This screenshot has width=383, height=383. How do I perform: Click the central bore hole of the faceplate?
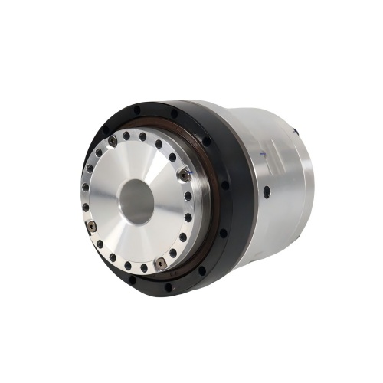pyautogui.click(x=136, y=201)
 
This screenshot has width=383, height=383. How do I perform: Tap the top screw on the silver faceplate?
pyautogui.click(x=113, y=139)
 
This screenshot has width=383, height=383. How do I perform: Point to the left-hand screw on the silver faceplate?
pyautogui.click(x=90, y=227)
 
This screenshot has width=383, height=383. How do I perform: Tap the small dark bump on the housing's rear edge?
pyautogui.click(x=295, y=132)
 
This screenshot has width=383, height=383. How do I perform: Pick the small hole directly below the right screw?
pyautogui.click(x=188, y=195)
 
